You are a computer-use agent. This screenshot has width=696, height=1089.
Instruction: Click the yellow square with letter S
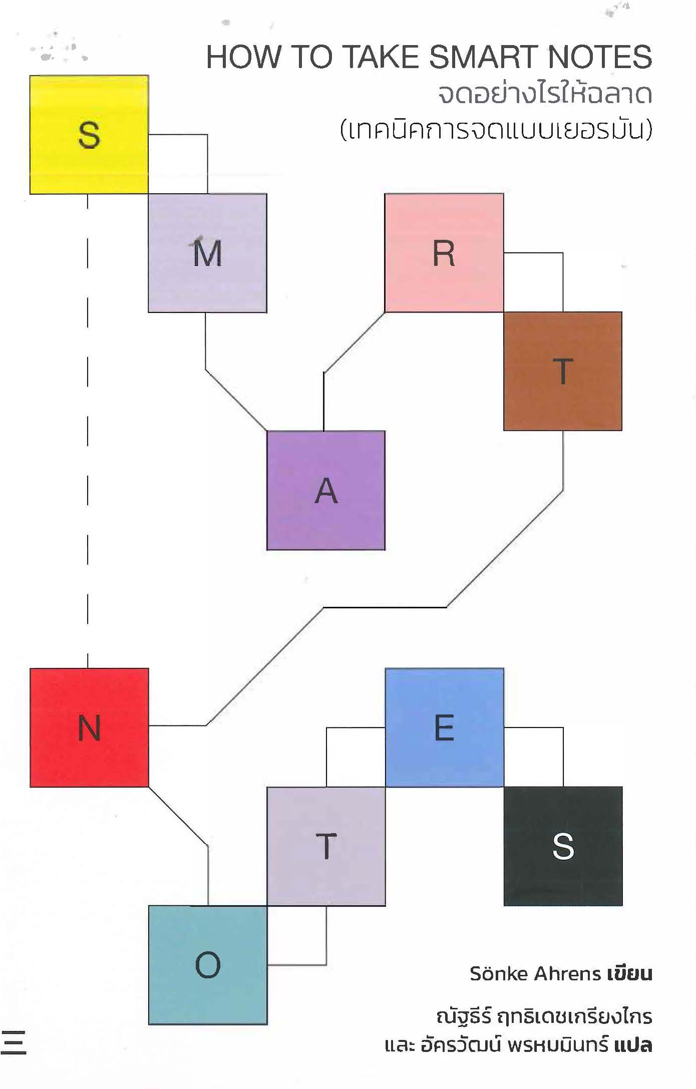coord(89,135)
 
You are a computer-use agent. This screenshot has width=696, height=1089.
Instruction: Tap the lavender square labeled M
coord(207,253)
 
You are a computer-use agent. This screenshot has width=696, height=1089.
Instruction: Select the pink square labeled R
coord(444,253)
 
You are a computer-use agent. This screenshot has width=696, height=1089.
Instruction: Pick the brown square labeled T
coord(563,371)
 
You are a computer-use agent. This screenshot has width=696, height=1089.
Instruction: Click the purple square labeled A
coord(326,490)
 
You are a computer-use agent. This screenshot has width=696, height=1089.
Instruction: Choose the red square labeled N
coord(89,728)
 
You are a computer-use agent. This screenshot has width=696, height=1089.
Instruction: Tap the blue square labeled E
coord(444,728)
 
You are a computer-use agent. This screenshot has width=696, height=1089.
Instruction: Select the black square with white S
coord(563,846)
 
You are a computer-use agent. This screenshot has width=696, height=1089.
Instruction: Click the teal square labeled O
coord(208,965)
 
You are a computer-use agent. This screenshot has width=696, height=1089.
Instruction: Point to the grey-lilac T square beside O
coord(326,846)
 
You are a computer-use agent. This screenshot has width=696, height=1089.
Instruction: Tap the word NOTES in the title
coord(599,57)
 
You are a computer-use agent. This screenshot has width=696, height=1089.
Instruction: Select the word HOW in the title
coord(243,57)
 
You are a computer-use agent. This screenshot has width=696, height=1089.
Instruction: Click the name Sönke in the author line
coord(499,973)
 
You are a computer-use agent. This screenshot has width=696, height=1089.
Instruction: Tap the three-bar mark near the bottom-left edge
coord(14,1043)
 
